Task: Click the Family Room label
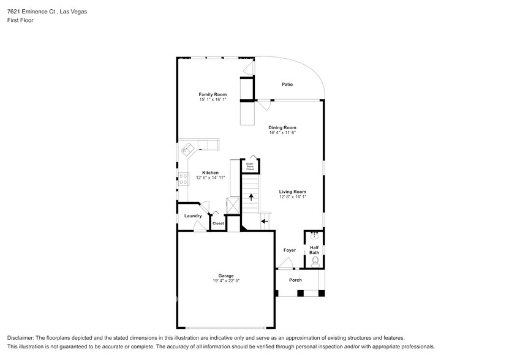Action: click(x=213, y=94)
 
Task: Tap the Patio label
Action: click(x=287, y=84)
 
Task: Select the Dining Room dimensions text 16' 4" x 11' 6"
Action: click(x=282, y=132)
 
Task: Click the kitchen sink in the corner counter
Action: click(x=187, y=149)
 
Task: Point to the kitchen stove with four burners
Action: click(x=183, y=178)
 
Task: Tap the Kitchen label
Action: click(x=210, y=173)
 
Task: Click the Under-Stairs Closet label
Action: click(x=250, y=166)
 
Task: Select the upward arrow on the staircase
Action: click(x=250, y=197)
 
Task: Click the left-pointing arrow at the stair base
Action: click(x=265, y=220)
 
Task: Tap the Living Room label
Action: click(x=292, y=192)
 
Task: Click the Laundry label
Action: click(x=193, y=216)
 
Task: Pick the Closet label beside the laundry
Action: click(x=218, y=223)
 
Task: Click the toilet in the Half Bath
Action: click(x=315, y=261)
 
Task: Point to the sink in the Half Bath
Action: click(x=314, y=234)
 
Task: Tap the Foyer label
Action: click(x=289, y=250)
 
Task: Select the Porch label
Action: click(x=295, y=280)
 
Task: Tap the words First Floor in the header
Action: click(x=20, y=20)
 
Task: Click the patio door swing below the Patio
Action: click(x=263, y=105)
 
